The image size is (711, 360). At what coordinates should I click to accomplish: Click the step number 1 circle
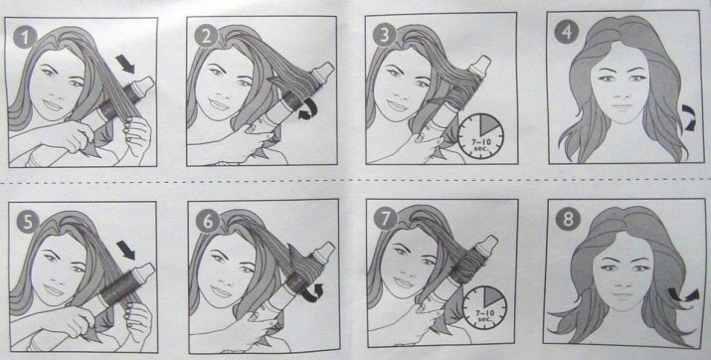(25, 37)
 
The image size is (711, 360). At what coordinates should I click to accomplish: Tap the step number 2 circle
(207, 37)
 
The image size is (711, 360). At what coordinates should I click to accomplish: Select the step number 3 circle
(385, 36)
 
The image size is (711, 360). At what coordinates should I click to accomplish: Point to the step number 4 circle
(567, 31)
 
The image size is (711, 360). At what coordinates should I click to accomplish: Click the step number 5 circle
(27, 222)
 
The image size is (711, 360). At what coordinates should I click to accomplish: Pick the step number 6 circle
(208, 222)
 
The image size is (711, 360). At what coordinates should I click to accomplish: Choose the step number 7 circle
(386, 220)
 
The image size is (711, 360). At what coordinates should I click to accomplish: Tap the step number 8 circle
(567, 219)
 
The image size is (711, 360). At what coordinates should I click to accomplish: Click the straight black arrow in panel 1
(125, 64)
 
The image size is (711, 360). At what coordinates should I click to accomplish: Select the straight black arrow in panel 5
(125, 251)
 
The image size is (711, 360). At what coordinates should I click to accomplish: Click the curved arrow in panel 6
(312, 292)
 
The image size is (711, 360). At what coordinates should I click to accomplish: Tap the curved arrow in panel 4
(689, 118)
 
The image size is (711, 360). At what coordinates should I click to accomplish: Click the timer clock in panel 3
(480, 134)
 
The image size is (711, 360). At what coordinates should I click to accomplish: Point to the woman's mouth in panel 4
(622, 107)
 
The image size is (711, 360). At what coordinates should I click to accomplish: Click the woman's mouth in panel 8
(623, 295)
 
